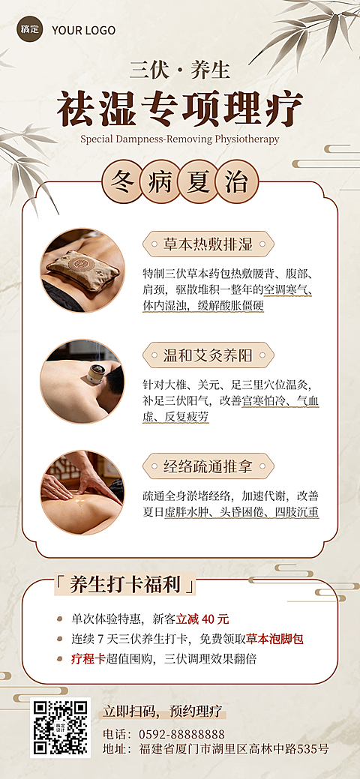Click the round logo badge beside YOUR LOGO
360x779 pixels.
point(29,30)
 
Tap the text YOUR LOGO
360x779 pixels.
point(83,30)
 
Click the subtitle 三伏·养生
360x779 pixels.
point(179,70)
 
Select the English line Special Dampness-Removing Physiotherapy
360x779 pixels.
point(180,139)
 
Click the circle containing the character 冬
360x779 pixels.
point(121,182)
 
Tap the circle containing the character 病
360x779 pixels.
point(160,182)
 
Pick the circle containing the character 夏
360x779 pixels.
point(199,182)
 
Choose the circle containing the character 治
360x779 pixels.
point(238,182)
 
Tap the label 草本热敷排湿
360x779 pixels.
point(208,244)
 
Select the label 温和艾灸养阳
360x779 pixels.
point(208,355)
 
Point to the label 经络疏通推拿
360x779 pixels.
point(208,466)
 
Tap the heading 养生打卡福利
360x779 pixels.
point(124,585)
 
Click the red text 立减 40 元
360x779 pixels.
point(202,619)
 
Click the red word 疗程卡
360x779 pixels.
point(88,659)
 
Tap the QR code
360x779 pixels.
point(60,727)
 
